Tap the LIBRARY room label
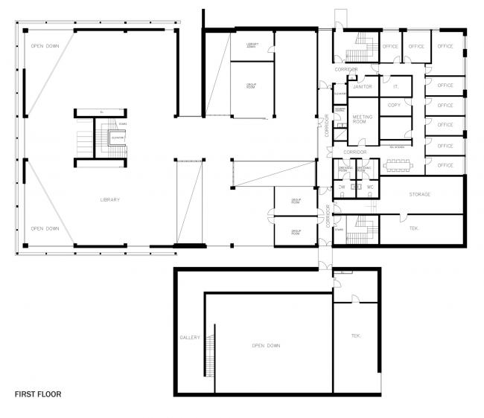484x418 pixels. pyautogui.click(x=110, y=199)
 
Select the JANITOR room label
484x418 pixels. pyautogui.click(x=362, y=86)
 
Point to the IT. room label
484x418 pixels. pyautogui.click(x=396, y=86)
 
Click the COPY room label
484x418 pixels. pyautogui.click(x=395, y=106)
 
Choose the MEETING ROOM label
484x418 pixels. pyautogui.click(x=362, y=120)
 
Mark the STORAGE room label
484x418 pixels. pyautogui.click(x=420, y=194)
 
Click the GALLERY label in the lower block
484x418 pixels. pyautogui.click(x=190, y=338)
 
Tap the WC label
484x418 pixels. pyautogui.click(x=370, y=186)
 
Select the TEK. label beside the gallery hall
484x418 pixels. pyautogui.click(x=356, y=336)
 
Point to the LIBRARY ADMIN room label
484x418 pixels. pyautogui.click(x=252, y=45)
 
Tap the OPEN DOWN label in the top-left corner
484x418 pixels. pyautogui.click(x=45, y=46)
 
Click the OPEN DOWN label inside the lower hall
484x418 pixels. pyautogui.click(x=266, y=346)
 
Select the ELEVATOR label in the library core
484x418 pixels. pyautogui.click(x=117, y=138)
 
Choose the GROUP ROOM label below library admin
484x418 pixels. pyautogui.click(x=252, y=86)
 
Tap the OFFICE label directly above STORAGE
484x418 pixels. pyautogui.click(x=445, y=165)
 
